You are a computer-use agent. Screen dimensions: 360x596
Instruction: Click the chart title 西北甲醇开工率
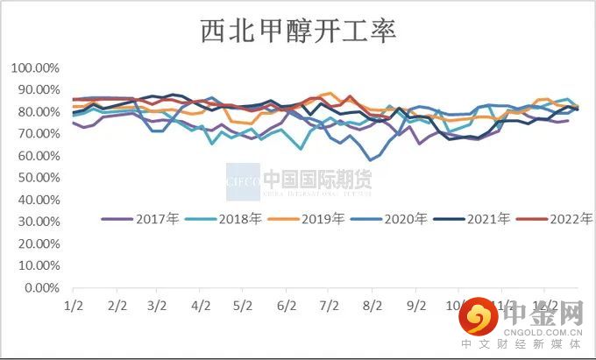click(298, 32)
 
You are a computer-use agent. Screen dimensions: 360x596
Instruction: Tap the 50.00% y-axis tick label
click(38, 178)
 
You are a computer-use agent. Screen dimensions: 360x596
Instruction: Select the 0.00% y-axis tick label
click(40, 287)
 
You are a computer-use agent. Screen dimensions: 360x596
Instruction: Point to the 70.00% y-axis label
click(38, 134)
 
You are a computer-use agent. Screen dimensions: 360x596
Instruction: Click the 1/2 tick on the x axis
click(73, 306)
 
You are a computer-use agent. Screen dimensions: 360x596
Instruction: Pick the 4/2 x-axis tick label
click(201, 306)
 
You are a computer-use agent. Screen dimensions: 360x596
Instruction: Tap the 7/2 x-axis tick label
click(330, 306)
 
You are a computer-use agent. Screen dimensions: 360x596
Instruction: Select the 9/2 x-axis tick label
click(416, 306)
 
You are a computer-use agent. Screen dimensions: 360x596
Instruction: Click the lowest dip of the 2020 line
click(372, 160)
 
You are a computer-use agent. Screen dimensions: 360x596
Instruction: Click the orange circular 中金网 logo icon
click(479, 321)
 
